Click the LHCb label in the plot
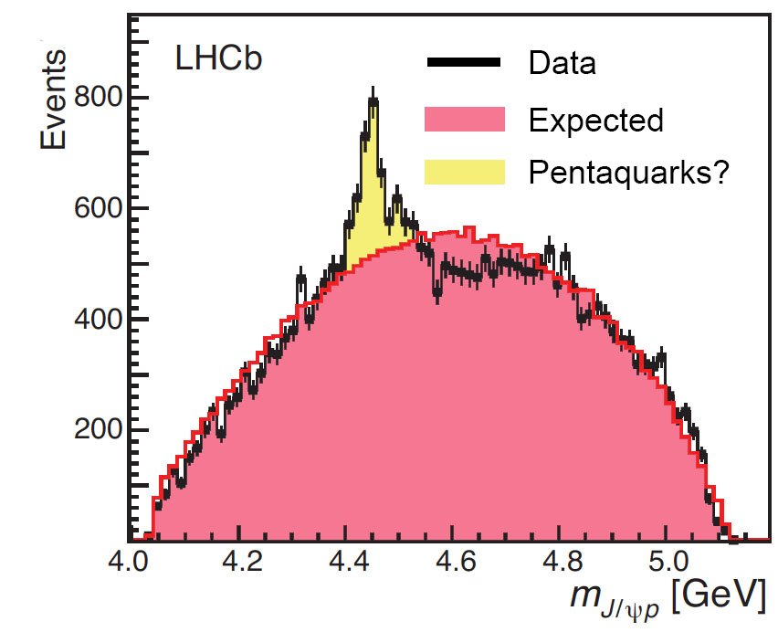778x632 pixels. [x=218, y=59]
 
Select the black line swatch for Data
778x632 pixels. [x=463, y=63]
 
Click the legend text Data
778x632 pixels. [x=562, y=64]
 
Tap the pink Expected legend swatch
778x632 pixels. [x=464, y=119]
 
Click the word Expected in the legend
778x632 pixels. [x=595, y=120]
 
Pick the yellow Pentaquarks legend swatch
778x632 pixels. [x=464, y=172]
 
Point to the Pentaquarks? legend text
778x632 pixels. [x=627, y=173]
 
